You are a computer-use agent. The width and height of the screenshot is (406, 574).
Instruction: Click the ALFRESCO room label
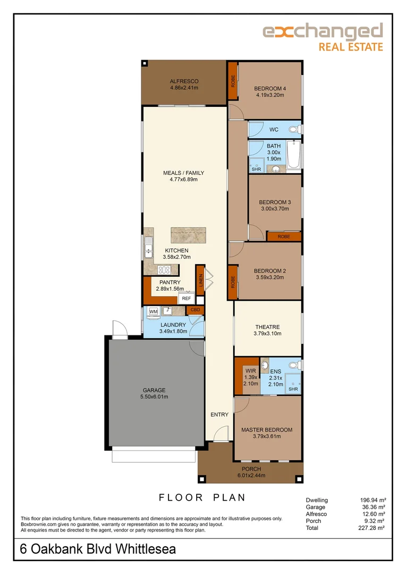[184, 81]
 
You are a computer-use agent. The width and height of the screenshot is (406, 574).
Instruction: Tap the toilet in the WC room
[295, 129]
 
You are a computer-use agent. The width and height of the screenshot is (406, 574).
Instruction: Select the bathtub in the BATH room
[294, 155]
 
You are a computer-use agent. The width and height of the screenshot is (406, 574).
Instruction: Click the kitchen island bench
[188, 235]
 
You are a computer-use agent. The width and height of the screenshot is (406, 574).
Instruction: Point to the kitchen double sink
[148, 248]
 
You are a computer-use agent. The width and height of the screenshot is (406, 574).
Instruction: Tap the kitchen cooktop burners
[164, 270]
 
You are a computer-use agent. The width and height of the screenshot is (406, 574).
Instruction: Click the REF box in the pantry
[187, 298]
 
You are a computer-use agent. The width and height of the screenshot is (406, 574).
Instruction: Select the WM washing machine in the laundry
[154, 311]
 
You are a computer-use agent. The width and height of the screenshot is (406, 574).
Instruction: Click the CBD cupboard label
[196, 310]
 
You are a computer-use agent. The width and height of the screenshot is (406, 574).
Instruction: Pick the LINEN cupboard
[200, 280]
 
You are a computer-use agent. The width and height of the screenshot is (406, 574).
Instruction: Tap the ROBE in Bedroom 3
[284, 237]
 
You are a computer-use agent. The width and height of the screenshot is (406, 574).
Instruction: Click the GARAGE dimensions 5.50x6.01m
[154, 397]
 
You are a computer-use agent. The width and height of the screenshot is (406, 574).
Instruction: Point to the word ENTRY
[219, 415]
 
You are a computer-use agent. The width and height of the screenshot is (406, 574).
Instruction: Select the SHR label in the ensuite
[293, 389]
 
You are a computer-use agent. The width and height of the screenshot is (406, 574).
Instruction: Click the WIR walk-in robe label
[251, 371]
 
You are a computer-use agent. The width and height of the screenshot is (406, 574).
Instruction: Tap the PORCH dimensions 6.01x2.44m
[251, 476]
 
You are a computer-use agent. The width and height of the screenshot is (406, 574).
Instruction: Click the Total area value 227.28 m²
[371, 528]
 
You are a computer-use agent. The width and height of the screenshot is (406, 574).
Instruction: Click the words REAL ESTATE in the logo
[351, 47]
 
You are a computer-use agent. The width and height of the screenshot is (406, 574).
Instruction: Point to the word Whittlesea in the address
[146, 549]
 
